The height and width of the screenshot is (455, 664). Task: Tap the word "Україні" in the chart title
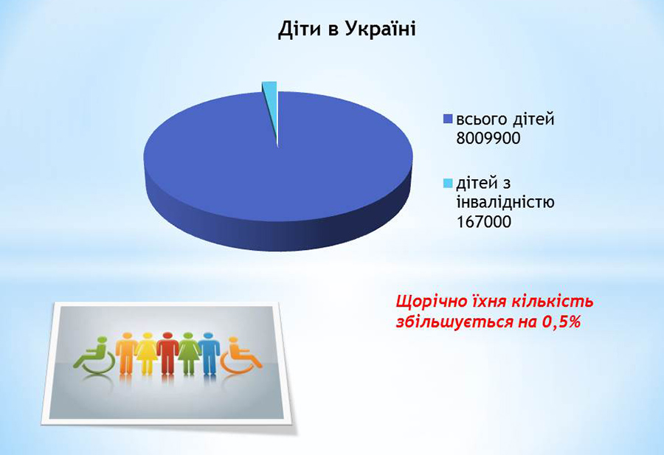[x=380, y=29]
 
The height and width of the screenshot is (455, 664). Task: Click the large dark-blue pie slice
[x=278, y=178]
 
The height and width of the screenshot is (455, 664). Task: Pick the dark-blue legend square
[x=448, y=119]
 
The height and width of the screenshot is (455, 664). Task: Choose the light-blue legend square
[x=448, y=184]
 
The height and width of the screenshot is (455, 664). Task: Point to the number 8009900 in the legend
[x=488, y=138]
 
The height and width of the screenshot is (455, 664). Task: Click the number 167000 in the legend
[x=484, y=221]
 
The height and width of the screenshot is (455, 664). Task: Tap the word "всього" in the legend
[x=481, y=120]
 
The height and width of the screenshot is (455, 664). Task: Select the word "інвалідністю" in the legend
[x=505, y=202]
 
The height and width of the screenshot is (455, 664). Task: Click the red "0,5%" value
[x=561, y=322]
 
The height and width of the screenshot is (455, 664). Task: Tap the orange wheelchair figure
[x=241, y=356]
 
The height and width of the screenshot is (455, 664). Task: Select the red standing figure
[x=167, y=353]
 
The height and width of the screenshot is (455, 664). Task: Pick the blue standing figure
[x=208, y=353]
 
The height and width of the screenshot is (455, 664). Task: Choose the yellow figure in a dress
[x=147, y=353]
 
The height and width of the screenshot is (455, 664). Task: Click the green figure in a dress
[x=188, y=353]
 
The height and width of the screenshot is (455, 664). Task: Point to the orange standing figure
[x=126, y=353]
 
